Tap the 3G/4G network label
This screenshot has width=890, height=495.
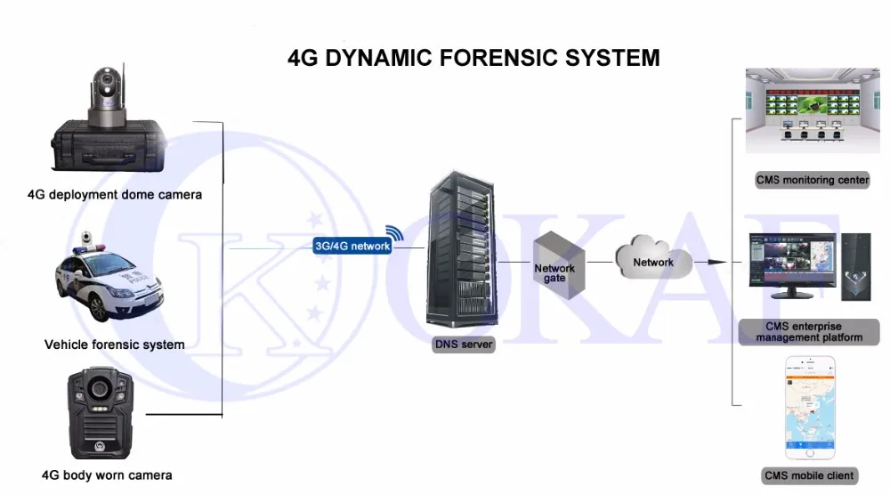352,246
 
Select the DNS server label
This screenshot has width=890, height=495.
463,344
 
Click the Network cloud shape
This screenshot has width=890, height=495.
653,259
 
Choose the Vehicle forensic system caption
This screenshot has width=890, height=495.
115,345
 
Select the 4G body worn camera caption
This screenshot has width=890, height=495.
107,475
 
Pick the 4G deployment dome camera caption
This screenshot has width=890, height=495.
115,194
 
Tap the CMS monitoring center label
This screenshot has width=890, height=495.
812,180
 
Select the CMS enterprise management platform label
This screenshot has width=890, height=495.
809,332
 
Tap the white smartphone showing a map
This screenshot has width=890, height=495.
810,407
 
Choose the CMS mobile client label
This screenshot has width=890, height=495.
809,475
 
